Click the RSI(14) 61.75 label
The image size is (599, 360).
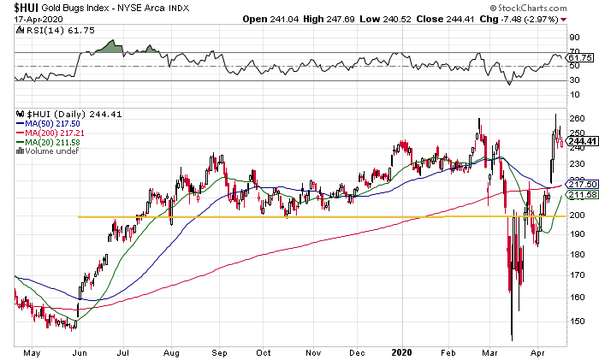click(44, 32)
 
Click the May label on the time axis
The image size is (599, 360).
click(32, 350)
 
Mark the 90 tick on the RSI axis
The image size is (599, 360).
click(573, 38)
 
